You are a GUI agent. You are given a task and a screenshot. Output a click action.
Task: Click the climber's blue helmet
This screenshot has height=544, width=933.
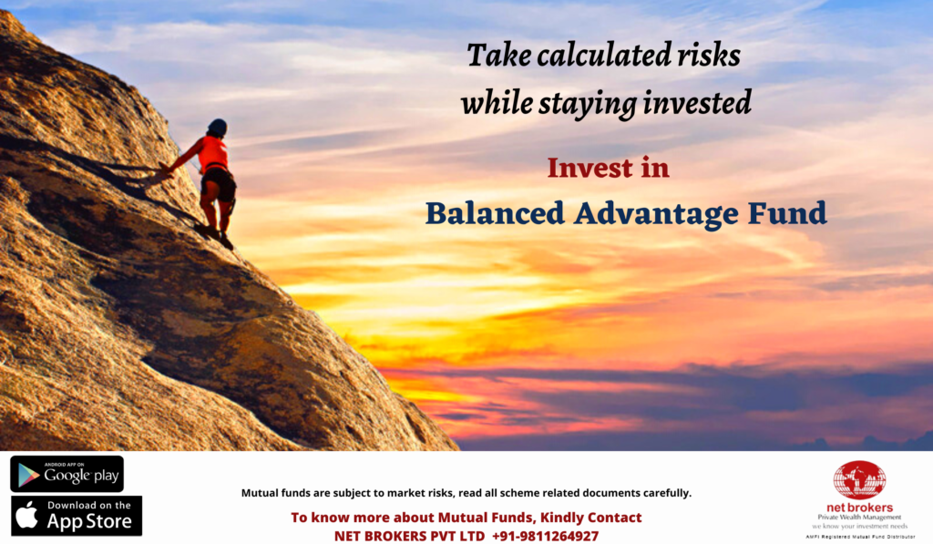click(217, 128)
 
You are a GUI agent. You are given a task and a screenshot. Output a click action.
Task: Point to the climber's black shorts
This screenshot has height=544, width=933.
click(219, 183)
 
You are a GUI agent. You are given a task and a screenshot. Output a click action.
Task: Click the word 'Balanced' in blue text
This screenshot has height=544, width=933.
click(495, 213)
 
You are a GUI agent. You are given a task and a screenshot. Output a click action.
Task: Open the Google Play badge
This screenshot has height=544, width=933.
click(67, 474)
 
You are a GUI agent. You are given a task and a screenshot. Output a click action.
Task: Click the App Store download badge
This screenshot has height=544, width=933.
click(77, 516)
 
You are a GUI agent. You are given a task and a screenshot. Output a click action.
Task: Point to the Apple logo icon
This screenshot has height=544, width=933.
click(26, 514)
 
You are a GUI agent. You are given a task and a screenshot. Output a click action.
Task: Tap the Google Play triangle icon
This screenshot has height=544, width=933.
click(28, 475)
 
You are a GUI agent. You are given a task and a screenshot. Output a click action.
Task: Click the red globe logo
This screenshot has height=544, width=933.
click(859, 479)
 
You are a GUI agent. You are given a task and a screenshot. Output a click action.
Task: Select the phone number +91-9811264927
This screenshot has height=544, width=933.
click(545, 537)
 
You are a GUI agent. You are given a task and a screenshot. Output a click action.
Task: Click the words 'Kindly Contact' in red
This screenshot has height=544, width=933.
click(590, 518)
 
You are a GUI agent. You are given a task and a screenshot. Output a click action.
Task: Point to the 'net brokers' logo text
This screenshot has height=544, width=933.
click(859, 508)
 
